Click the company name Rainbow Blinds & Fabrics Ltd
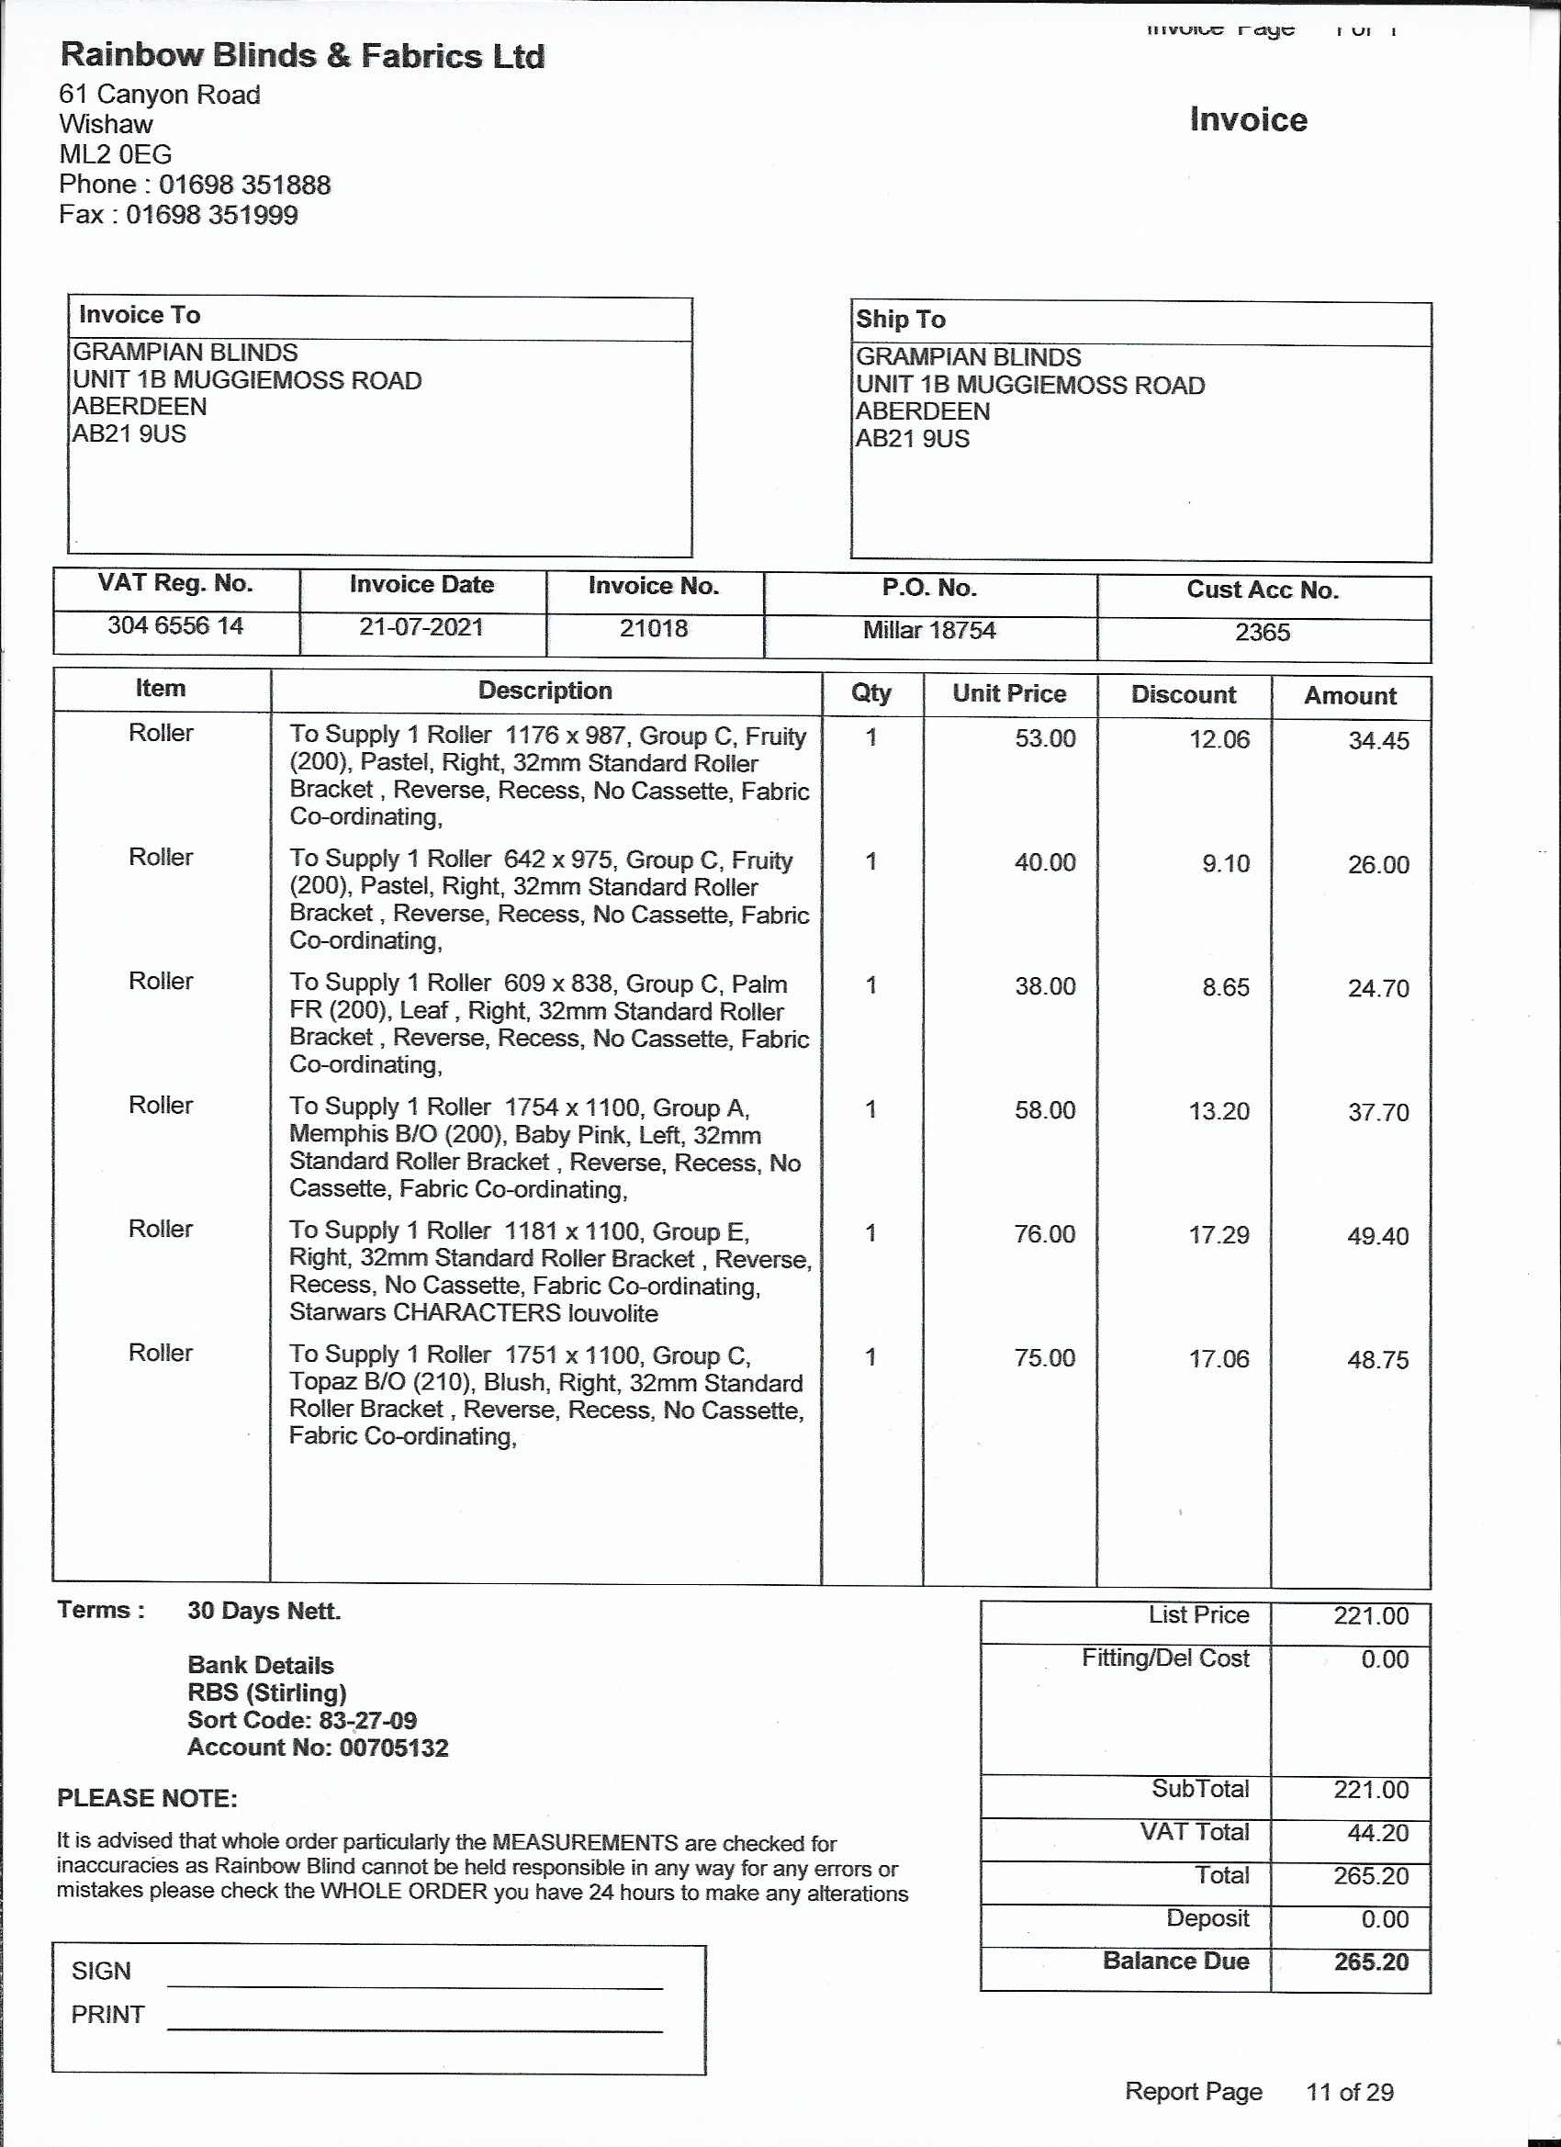tap(302, 56)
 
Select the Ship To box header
tap(900, 319)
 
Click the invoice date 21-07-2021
tap(421, 626)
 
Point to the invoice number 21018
tap(653, 628)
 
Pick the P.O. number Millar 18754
tap(928, 631)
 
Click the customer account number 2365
tap(1262, 633)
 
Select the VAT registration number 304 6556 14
tap(175, 625)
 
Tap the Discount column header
tap(1184, 694)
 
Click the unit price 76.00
tap(1044, 1234)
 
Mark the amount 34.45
tap(1378, 740)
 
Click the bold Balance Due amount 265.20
tap(1371, 1962)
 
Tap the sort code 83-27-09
tap(364, 1720)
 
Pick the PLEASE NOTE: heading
tap(148, 1799)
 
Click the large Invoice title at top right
tap(1248, 120)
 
